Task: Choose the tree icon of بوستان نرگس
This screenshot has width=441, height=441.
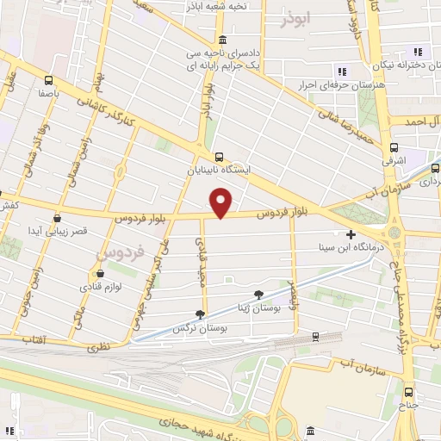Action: [x=201, y=314]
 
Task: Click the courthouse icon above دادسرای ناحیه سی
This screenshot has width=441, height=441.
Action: [x=223, y=40]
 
